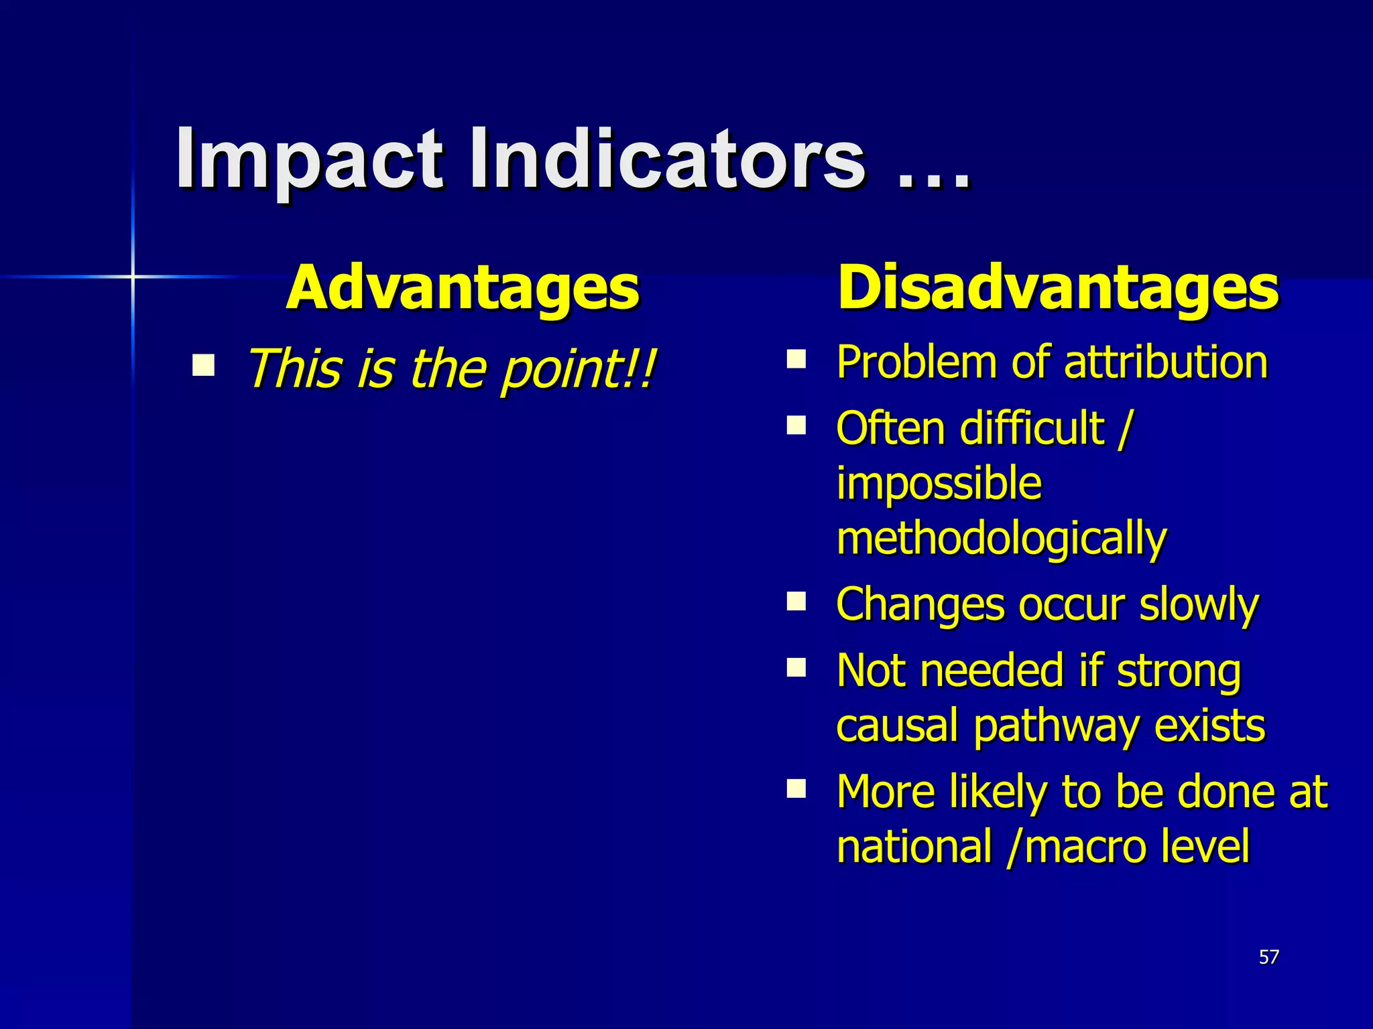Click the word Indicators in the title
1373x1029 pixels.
click(x=667, y=159)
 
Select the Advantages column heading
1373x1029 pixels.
click(x=462, y=288)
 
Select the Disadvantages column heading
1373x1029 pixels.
click(x=1058, y=288)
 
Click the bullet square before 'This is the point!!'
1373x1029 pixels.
click(x=203, y=366)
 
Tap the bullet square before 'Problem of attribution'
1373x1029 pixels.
click(x=796, y=360)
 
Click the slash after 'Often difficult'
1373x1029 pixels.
click(x=1124, y=429)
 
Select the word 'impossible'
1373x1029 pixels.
click(x=939, y=483)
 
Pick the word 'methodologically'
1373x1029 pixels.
click(x=1002, y=539)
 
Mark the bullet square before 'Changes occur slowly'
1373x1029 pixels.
click(x=796, y=601)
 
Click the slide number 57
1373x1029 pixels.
click(x=1268, y=957)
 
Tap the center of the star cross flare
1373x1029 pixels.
click(x=133, y=276)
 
